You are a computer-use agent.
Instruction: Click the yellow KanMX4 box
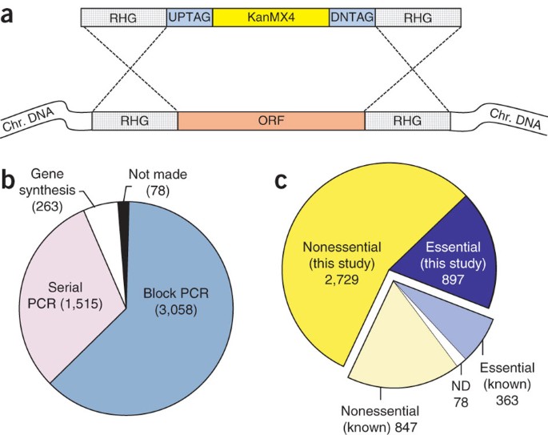(x=270, y=15)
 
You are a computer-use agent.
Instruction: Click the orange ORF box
(x=270, y=122)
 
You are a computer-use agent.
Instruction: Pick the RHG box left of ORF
(x=134, y=122)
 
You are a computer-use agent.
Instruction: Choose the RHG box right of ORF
(x=406, y=122)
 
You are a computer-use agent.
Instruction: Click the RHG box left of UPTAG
(x=123, y=15)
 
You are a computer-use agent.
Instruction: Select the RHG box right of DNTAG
(x=417, y=15)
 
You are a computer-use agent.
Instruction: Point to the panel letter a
(x=11, y=14)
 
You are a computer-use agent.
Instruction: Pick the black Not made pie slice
(x=123, y=212)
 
